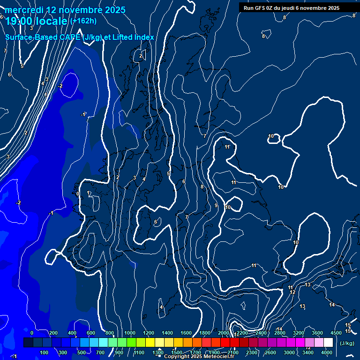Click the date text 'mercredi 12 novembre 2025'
[65, 10]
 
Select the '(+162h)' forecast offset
[83, 21]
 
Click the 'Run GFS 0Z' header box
[292, 7]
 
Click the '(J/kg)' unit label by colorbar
[347, 343]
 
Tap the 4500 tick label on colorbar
[336, 333]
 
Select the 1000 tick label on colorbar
[130, 333]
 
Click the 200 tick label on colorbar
[53, 333]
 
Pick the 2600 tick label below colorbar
[270, 352]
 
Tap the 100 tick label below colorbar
[44, 352]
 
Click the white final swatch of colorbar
[328, 343]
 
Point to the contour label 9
[216, 205]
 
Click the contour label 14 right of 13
[332, 305]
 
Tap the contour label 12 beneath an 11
[292, 292]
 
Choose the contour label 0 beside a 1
[78, 193]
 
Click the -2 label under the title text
[60, 86]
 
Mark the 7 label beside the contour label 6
[187, 217]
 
